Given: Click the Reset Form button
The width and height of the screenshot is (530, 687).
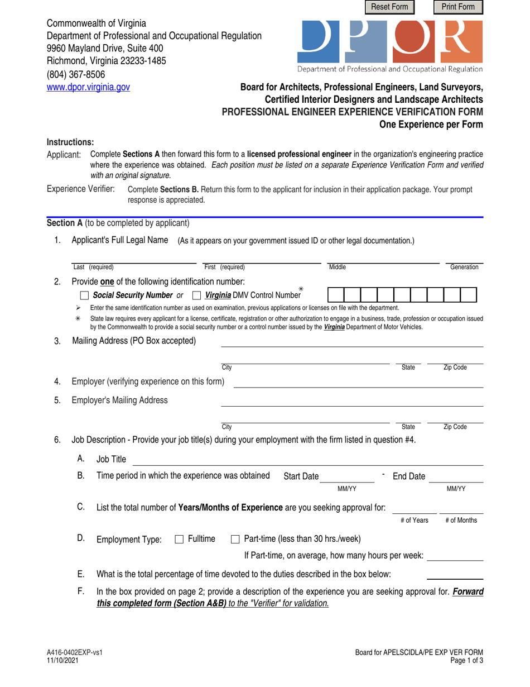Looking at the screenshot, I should point(389,7).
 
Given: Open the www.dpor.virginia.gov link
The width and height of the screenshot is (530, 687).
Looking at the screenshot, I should point(88,87).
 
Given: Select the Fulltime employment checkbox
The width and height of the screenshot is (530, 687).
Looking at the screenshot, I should point(179,539).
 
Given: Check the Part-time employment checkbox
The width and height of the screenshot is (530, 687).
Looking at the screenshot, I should point(235,539).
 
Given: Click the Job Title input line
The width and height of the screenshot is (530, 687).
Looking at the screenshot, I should point(307,460).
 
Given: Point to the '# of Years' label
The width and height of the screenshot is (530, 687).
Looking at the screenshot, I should point(414,520).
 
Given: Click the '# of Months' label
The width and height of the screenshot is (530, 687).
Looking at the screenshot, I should point(461,520).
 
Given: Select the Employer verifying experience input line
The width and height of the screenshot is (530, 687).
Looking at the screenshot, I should point(357,382).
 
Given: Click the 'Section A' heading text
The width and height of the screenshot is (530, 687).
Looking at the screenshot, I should point(65,223).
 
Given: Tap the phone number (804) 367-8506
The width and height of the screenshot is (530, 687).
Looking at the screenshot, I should point(75,74).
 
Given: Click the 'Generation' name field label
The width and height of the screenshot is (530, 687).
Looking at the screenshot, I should point(464,268).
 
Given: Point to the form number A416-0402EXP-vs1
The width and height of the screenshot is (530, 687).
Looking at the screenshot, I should point(74,652).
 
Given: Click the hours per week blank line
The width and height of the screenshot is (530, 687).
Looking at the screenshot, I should point(455,556).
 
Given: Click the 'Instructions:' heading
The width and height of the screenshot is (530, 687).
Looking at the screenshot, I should point(70,142).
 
